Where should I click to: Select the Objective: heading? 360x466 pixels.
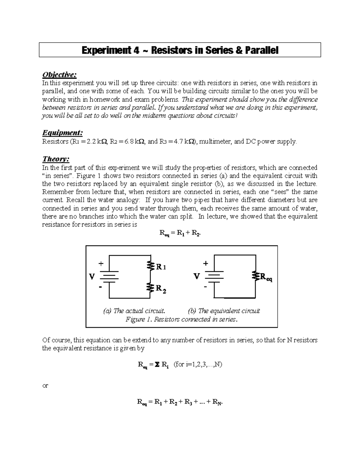57,75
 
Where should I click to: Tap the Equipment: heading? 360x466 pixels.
62,133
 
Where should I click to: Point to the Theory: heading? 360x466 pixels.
56,159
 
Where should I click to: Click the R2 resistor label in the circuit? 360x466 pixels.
161,289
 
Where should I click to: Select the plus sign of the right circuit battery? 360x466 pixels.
205,263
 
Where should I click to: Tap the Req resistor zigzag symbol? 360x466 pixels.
256,276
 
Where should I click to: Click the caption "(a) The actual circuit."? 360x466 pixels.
134,311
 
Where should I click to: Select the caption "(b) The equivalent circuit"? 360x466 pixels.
224,311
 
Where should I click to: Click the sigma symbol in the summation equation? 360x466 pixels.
156,365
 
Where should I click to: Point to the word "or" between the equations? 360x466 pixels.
45,386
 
